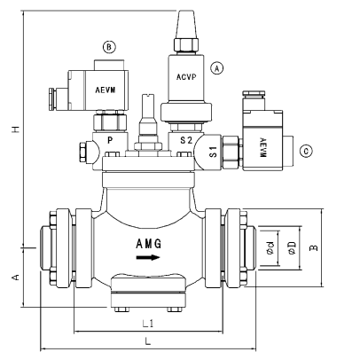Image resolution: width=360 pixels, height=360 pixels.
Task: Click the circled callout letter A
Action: (x=215, y=67)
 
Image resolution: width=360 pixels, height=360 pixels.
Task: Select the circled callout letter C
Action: (x=307, y=151)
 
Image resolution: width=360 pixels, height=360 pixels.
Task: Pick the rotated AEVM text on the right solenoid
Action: (x=264, y=146)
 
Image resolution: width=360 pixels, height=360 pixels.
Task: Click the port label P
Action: (x=109, y=140)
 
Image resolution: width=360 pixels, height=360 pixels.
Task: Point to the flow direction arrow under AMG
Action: (x=149, y=259)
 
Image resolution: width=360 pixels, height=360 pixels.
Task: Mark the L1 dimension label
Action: (x=149, y=324)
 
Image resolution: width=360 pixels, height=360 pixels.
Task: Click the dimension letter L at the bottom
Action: (x=148, y=341)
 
